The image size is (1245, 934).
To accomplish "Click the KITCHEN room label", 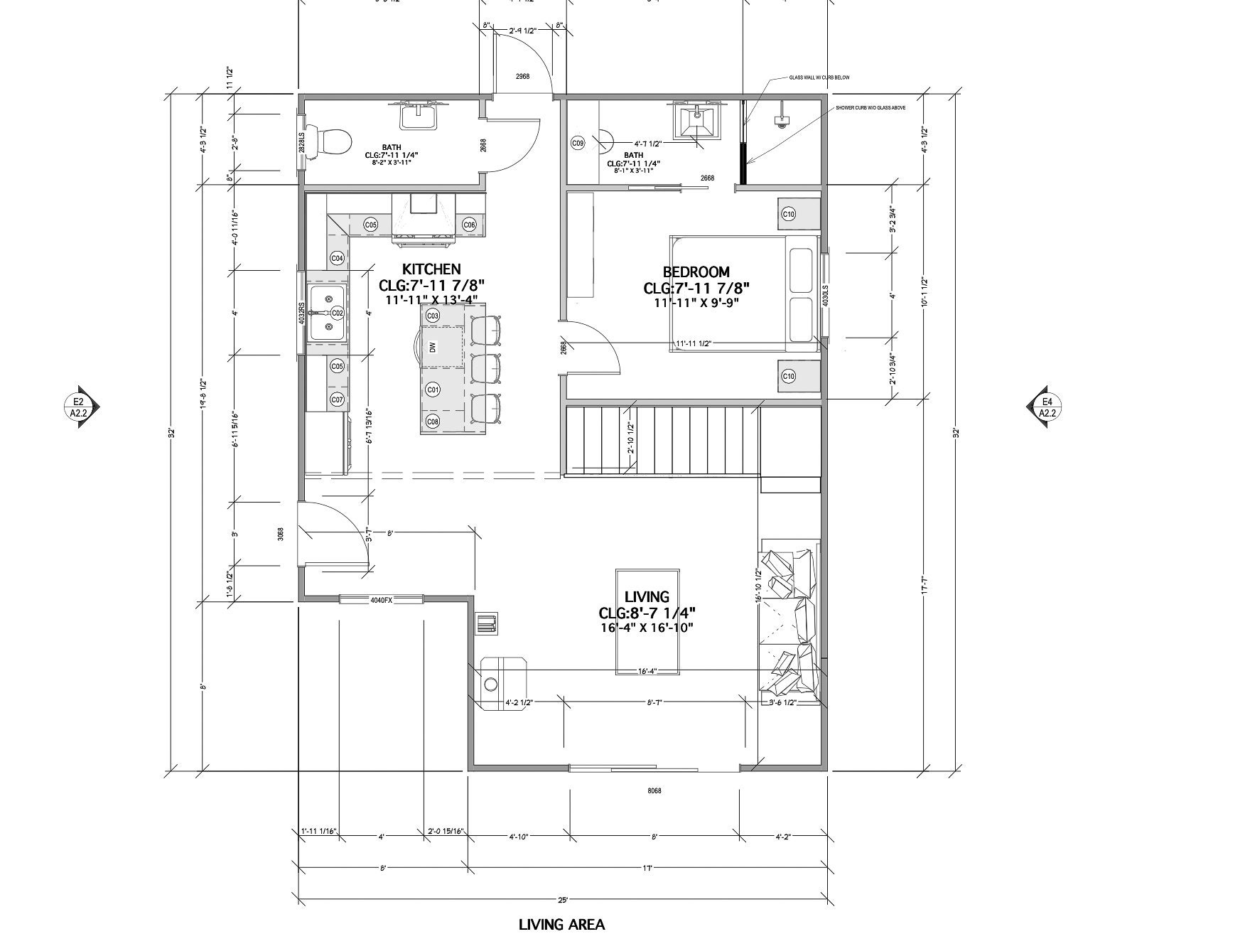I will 431,269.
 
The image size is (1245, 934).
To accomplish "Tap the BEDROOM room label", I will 696,272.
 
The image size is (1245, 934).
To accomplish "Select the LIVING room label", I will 646,597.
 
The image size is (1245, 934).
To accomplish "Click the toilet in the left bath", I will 334,140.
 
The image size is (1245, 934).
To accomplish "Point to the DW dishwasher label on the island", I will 432,347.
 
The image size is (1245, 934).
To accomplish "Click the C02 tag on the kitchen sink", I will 337,313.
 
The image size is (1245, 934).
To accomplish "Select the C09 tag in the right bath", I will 578,144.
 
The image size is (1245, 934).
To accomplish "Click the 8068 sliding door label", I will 654,790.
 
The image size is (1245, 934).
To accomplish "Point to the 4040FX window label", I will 381,600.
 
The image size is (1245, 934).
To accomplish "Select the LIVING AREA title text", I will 561,925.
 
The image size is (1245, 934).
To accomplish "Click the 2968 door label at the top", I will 522,76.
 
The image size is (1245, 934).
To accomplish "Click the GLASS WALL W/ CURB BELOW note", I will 819,77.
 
